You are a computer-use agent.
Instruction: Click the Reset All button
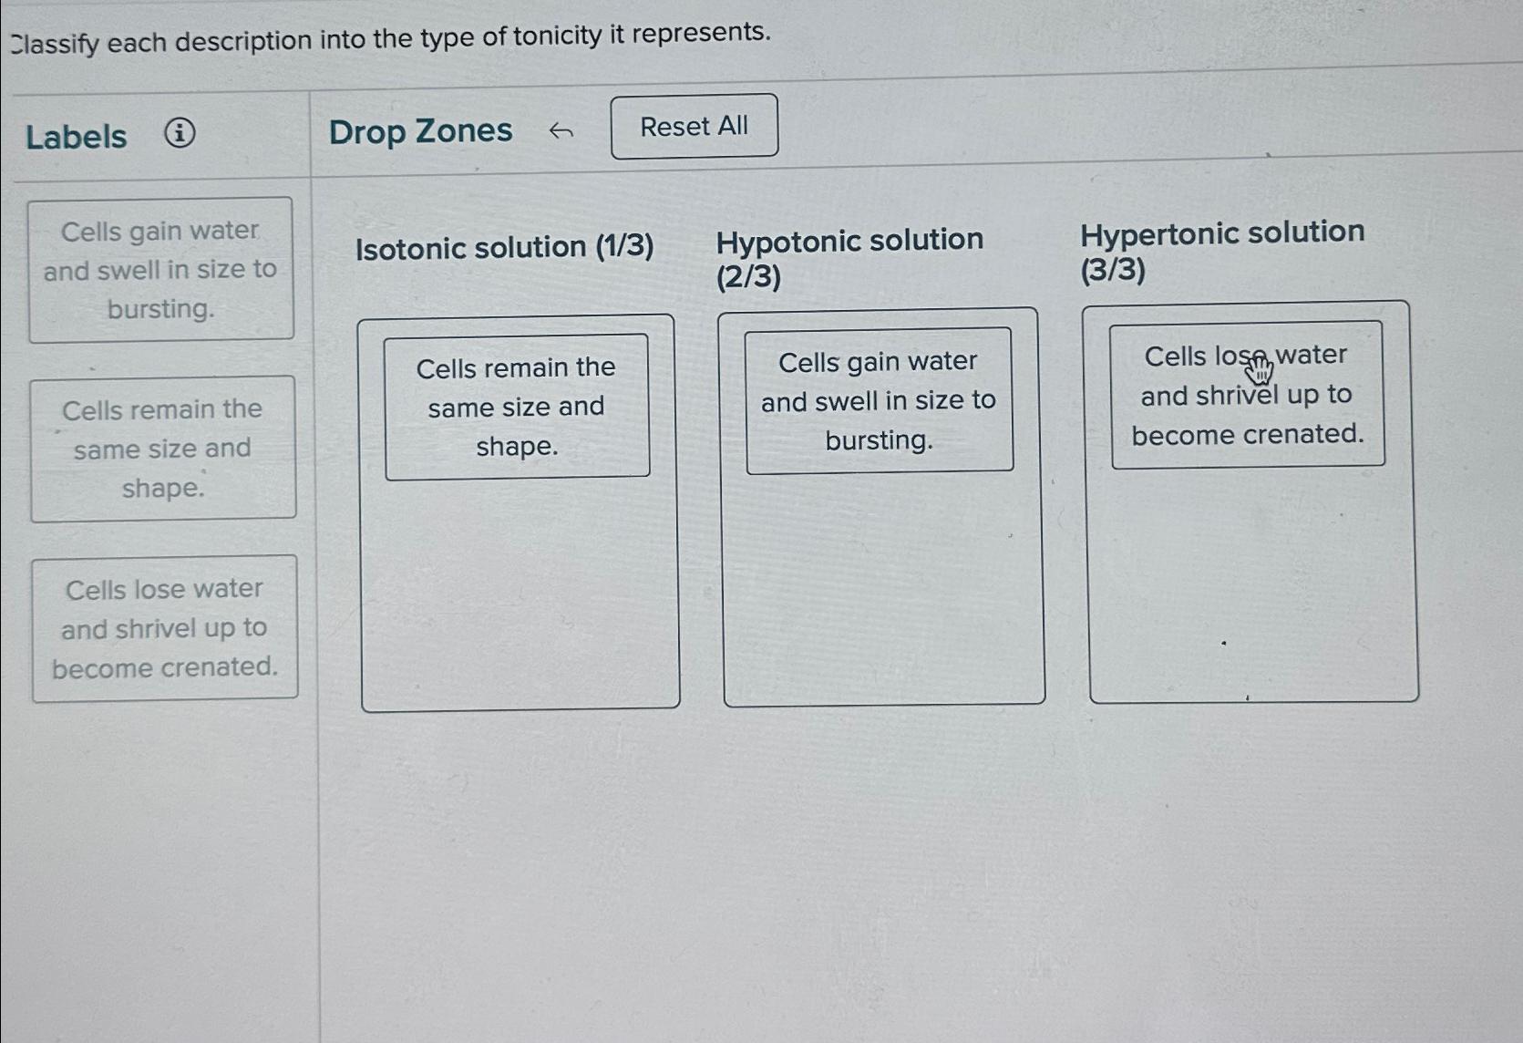pyautogui.click(x=694, y=127)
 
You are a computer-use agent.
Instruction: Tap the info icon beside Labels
pyautogui.click(x=180, y=134)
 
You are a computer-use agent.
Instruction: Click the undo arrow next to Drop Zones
pyautogui.click(x=561, y=132)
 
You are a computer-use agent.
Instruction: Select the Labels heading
pyautogui.click(x=77, y=137)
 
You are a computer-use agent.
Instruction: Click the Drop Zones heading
pyautogui.click(x=420, y=131)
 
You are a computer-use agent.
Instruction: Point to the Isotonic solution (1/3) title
pyautogui.click(x=504, y=247)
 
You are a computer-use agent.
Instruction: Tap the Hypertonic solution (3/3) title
pyautogui.click(x=1221, y=251)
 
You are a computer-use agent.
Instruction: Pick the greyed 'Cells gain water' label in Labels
pyautogui.click(x=160, y=270)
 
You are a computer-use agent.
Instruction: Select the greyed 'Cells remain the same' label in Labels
pyautogui.click(x=163, y=449)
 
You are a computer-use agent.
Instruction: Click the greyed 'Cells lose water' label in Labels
pyautogui.click(x=165, y=628)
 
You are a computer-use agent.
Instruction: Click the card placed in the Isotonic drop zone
pyautogui.click(x=517, y=407)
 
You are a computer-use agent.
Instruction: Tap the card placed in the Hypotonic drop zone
pyautogui.click(x=879, y=401)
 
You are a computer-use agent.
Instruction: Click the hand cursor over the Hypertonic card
pyautogui.click(x=1259, y=369)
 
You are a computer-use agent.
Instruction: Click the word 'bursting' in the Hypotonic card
pyautogui.click(x=878, y=441)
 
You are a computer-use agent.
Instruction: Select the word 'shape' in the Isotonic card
pyautogui.click(x=515, y=447)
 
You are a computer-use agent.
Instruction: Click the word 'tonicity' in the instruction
pyautogui.click(x=557, y=36)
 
